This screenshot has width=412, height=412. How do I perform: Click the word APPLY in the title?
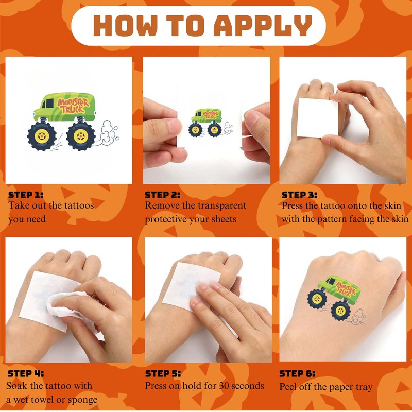click(263, 25)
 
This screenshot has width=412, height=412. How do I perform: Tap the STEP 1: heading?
click(26, 195)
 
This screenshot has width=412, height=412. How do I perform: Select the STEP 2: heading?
click(163, 195)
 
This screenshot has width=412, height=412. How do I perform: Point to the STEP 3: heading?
click(299, 195)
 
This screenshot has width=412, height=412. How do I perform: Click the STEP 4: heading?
click(26, 373)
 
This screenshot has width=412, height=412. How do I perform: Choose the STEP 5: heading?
click(163, 373)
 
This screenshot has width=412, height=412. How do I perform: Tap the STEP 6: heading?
click(297, 373)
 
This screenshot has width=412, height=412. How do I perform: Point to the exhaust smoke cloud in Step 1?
click(107, 133)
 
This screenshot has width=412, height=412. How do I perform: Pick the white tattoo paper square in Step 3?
click(317, 118)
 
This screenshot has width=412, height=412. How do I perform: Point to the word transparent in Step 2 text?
click(222, 205)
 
